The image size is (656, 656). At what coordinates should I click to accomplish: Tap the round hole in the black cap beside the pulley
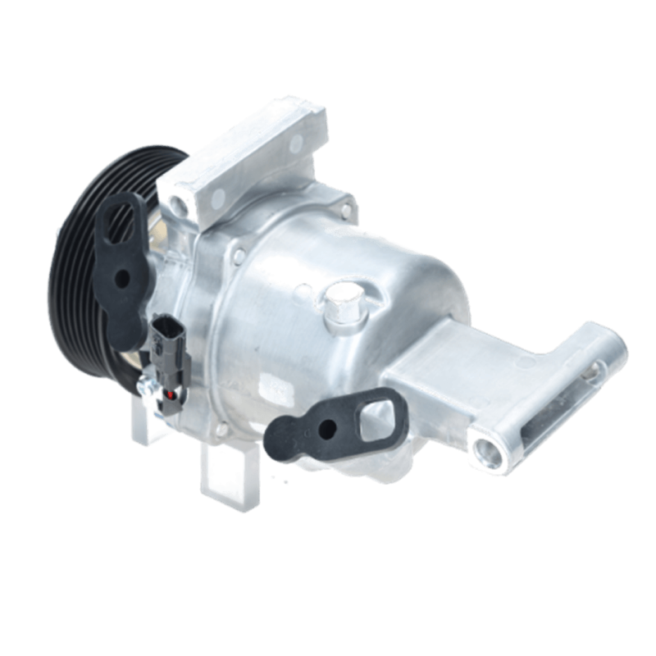pos(124,278)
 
